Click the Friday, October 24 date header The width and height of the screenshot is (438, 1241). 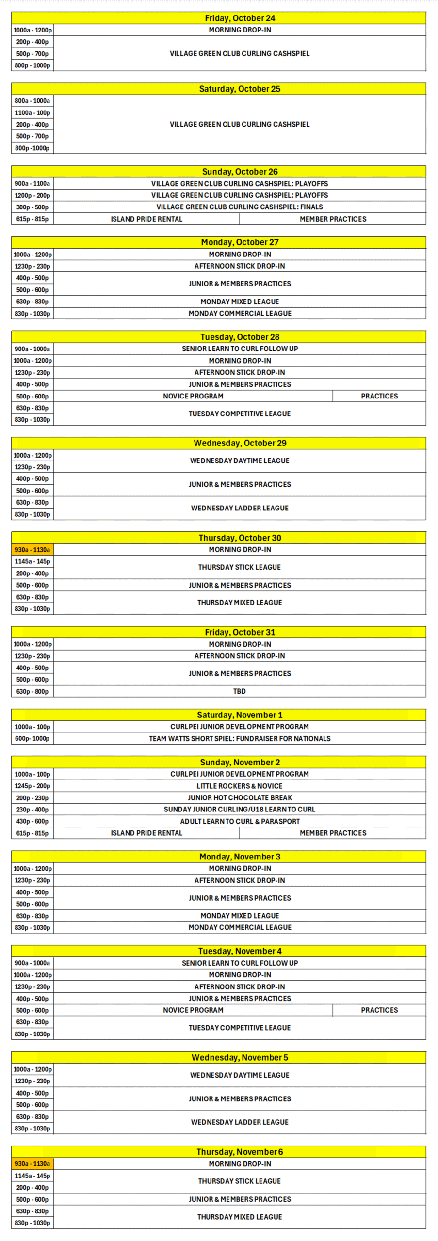[240, 18]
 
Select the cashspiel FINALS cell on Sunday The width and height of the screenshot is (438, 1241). [240, 207]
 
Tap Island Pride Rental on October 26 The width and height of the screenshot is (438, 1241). [146, 219]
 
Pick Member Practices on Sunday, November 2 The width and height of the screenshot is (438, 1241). [333, 833]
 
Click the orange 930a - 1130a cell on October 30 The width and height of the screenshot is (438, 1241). [32, 550]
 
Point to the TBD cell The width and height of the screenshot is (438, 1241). [240, 691]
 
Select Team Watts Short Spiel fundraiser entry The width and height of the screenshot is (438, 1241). [240, 739]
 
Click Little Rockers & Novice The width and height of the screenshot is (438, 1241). [240, 786]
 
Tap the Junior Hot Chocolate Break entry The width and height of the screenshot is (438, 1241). [240, 797]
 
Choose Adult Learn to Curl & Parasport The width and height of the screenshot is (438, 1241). [240, 821]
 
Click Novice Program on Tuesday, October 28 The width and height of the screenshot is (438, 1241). [193, 396]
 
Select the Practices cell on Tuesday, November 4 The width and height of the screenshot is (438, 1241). [379, 1010]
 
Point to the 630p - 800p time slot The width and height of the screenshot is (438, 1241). [32, 692]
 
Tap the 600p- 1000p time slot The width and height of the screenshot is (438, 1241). [32, 739]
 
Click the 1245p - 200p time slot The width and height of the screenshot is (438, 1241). [32, 786]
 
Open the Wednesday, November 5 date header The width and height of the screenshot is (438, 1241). [240, 1057]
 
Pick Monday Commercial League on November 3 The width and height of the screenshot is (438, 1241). [240, 927]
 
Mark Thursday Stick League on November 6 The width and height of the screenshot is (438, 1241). [240, 1181]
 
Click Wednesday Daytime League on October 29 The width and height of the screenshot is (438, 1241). [240, 461]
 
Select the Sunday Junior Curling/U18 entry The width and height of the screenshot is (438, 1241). [240, 809]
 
